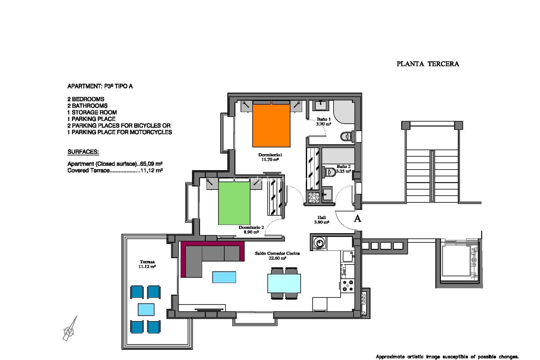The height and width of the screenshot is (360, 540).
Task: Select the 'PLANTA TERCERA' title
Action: coord(427,64)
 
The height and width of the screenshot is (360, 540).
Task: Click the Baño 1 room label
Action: coord(323,121)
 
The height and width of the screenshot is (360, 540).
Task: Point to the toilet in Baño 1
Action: coord(346,137)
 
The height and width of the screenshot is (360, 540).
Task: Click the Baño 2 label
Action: coord(343,169)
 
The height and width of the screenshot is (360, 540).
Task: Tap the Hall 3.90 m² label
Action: coord(321,220)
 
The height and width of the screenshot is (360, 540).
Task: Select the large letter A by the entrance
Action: coord(357,219)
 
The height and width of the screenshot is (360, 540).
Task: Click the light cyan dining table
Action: coord(284,283)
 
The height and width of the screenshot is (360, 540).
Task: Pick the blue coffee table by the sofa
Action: coord(224,277)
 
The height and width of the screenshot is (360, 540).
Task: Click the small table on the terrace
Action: coord(146,309)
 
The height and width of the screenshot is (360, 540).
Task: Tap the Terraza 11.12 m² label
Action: coord(147,264)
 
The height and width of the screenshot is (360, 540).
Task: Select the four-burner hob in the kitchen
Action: coord(348,285)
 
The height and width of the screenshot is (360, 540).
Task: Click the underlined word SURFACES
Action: coord(83,152)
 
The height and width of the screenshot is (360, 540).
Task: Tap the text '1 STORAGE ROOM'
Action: coord(92,112)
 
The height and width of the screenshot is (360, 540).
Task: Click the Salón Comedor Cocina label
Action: coord(277,255)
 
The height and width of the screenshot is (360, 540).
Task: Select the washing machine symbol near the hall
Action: coord(319,243)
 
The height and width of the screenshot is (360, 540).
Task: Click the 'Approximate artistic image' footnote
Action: coord(447,357)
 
